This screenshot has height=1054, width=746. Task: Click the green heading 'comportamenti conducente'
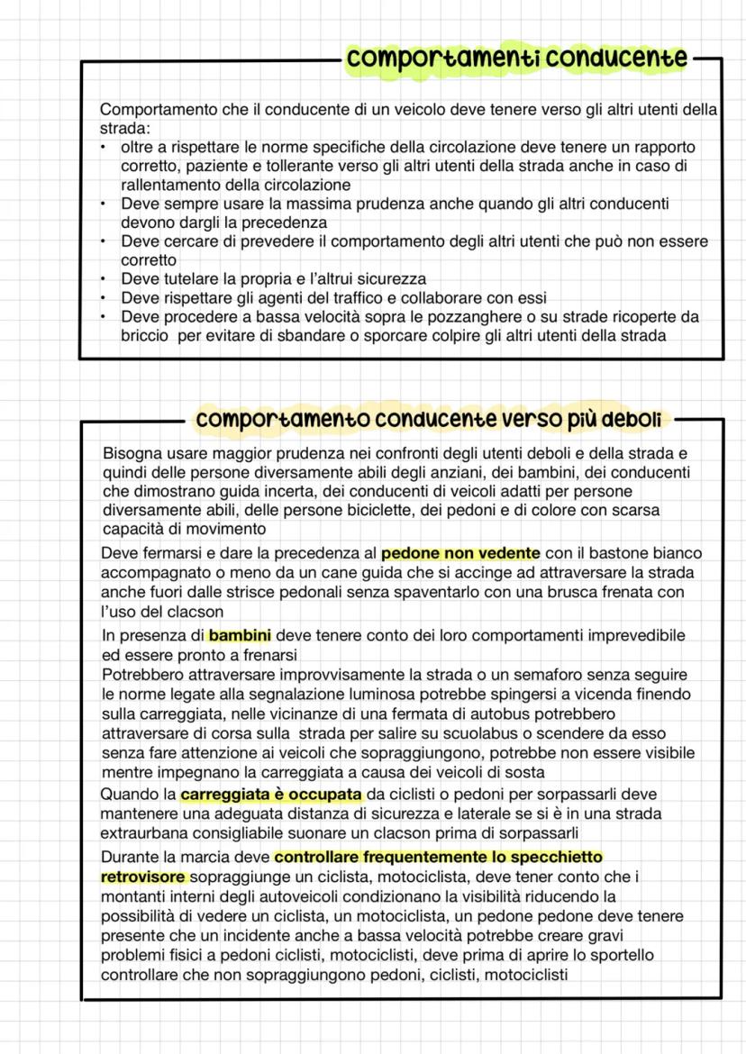click(517, 59)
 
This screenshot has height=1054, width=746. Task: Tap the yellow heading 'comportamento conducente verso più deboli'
click(429, 420)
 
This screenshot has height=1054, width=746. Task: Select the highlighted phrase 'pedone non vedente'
click(460, 553)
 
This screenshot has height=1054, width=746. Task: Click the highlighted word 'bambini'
click(240, 635)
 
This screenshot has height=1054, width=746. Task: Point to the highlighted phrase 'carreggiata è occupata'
click(271, 795)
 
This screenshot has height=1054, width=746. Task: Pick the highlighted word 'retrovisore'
click(143, 876)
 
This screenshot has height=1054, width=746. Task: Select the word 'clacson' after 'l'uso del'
click(196, 611)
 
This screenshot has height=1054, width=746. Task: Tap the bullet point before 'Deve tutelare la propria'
click(105, 279)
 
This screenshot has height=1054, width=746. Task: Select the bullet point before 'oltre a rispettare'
click(105, 147)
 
